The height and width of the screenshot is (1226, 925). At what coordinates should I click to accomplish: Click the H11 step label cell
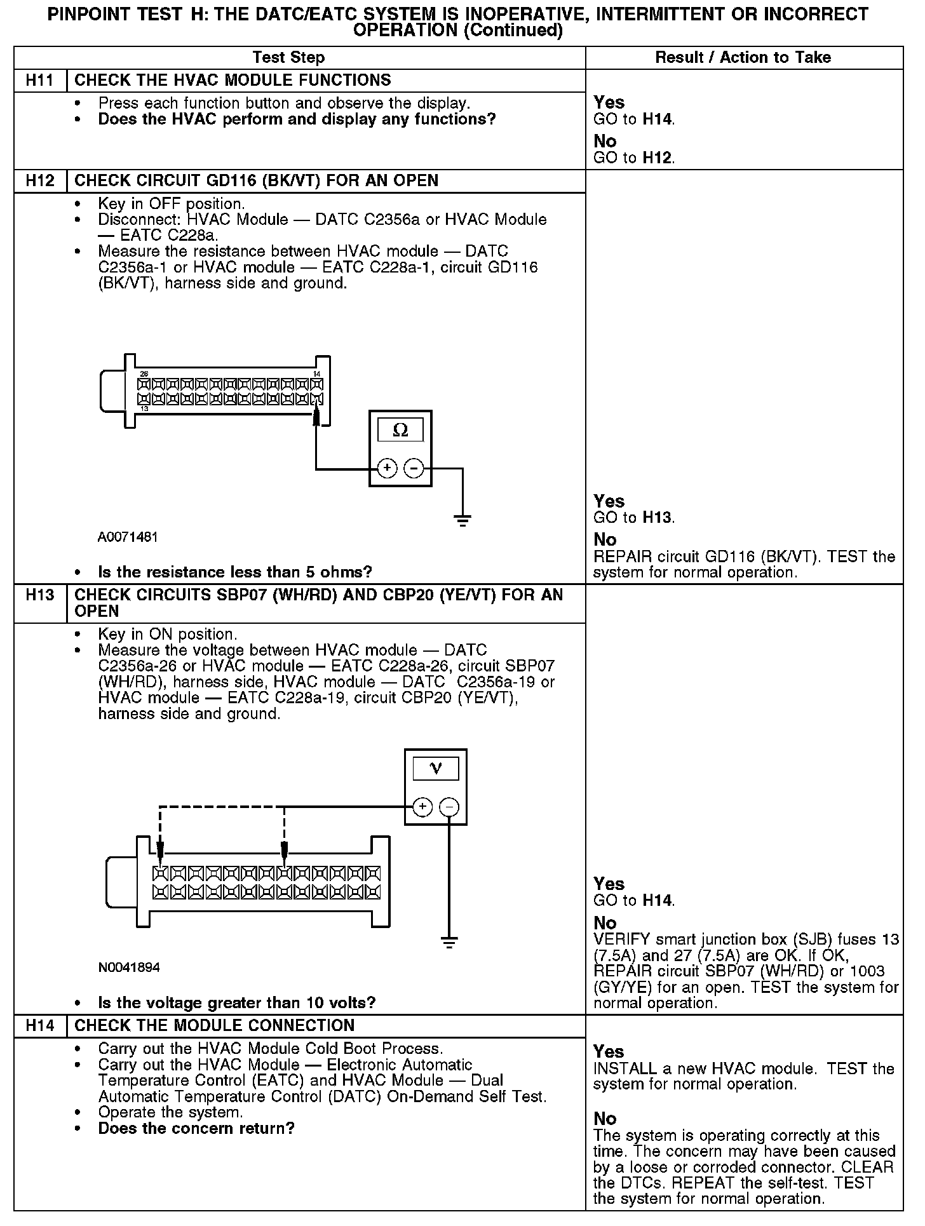coord(40,81)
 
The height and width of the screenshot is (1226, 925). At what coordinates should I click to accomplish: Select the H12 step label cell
coord(40,181)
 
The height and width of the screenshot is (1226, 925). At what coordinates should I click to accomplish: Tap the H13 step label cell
coord(40,595)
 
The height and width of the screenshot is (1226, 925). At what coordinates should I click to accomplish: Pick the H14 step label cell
coord(40,1026)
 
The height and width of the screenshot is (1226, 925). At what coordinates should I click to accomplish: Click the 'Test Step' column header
coord(288,58)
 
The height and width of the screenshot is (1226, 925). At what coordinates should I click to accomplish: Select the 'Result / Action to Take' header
coord(743,58)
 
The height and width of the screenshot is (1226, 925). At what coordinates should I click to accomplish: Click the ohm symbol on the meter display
coord(400,431)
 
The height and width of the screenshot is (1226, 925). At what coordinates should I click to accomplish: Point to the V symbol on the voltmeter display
coord(436,769)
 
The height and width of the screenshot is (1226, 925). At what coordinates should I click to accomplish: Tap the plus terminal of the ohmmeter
coord(387,469)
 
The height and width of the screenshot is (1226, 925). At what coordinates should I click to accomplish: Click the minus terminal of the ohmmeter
coord(414,469)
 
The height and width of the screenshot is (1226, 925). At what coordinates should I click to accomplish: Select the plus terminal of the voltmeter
coord(422,807)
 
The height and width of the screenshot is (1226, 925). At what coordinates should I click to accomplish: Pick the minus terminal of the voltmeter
coord(449,807)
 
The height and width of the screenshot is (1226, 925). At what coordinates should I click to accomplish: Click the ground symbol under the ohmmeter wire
coord(462,522)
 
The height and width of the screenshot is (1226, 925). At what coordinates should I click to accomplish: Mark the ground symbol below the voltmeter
coord(449,943)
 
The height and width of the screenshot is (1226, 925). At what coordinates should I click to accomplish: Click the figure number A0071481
coord(128,537)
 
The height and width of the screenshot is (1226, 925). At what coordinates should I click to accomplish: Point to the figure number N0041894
coord(129,967)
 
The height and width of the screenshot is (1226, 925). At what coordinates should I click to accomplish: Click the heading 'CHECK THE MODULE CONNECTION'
coord(215,1026)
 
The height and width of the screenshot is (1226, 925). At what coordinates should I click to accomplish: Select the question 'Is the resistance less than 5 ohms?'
coord(235,572)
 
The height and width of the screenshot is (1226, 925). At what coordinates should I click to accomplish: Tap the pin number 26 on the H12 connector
coord(144,374)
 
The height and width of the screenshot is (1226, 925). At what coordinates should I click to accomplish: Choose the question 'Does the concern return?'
coord(196,1129)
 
